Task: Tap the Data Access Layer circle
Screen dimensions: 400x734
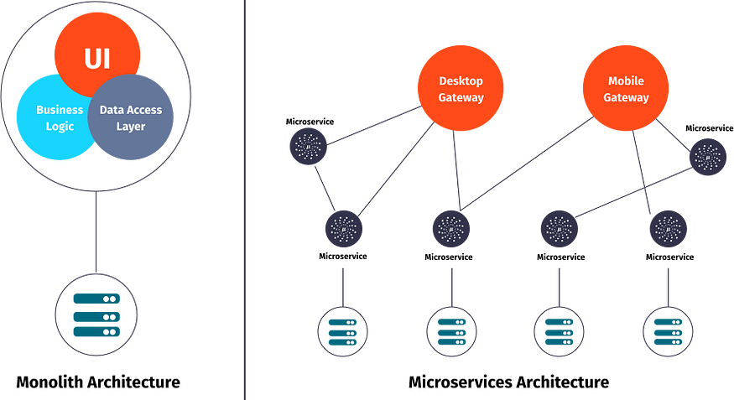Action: tap(132, 118)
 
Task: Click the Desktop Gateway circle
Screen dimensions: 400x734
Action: tap(461, 89)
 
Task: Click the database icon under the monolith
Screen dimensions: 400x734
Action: tap(95, 315)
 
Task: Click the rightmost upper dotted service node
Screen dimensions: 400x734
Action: tap(707, 157)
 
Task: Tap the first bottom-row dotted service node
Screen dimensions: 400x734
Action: tap(343, 228)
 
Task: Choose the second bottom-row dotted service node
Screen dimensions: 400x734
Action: tap(450, 228)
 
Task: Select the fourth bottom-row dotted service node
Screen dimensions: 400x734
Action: tap(669, 228)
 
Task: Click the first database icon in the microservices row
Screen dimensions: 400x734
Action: tap(342, 332)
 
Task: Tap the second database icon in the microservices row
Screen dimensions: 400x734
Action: tap(451, 332)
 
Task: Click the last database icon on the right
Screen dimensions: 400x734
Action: tap(668, 332)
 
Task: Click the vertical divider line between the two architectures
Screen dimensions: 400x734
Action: tap(244, 201)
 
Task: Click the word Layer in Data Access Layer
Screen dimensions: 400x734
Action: tap(132, 127)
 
